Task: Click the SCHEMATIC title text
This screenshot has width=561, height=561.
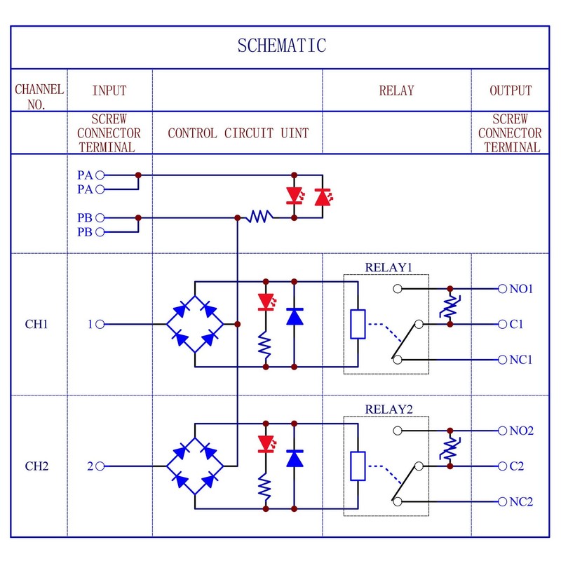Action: [281, 46]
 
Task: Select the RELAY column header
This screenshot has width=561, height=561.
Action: [396, 90]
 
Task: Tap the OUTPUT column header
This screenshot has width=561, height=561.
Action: [511, 90]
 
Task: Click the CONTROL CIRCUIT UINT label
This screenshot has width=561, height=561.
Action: [238, 133]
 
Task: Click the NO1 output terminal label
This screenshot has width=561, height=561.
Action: [521, 289]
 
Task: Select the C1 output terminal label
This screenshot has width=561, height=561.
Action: [517, 325]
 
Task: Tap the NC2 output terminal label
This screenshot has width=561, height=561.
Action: [521, 502]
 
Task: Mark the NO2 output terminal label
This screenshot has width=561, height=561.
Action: [521, 431]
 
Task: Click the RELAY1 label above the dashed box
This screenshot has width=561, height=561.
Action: [387, 267]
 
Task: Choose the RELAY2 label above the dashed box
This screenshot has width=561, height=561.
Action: [387, 410]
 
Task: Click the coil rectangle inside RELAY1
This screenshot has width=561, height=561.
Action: [358, 324]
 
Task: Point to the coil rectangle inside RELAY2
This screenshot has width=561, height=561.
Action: [358, 466]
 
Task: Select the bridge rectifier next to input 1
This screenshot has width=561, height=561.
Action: [194, 324]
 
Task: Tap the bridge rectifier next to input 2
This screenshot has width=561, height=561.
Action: [194, 466]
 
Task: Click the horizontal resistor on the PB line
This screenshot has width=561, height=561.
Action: [258, 218]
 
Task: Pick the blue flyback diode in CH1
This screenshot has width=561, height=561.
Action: [295, 317]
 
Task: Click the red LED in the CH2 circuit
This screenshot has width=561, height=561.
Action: [266, 443]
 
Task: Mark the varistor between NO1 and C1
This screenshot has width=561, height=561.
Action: [450, 306]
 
